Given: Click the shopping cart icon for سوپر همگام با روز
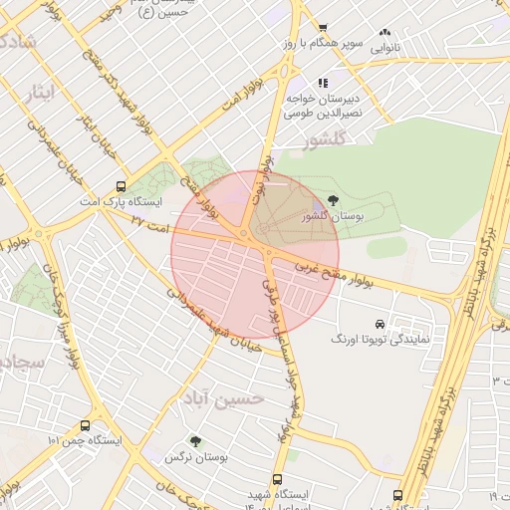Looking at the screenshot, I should pos(322,28).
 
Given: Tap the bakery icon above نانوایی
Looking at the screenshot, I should pos(385,32).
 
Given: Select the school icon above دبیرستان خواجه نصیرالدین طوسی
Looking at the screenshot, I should pos(322,84).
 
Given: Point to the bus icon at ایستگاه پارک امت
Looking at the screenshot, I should pos(122,185).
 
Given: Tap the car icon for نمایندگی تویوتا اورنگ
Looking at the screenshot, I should pos(380,324).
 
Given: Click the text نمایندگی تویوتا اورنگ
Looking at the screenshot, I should pos(380,340).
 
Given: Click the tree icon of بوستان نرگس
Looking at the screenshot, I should pos(194,440).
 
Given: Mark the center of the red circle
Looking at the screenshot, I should pos(255,256).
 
